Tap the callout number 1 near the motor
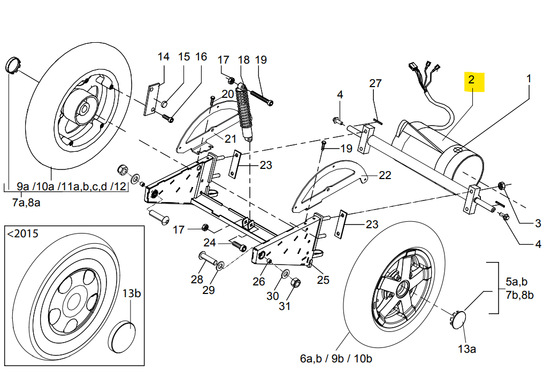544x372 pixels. (528, 79)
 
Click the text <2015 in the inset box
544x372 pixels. (22, 234)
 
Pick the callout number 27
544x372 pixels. (376, 83)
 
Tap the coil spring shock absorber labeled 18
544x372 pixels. (245, 113)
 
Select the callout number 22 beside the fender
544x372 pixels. (385, 175)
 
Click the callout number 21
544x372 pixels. (230, 139)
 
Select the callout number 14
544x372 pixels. (163, 57)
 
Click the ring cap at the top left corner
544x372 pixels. (12, 65)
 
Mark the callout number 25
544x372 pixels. (323, 279)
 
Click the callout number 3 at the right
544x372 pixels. (538, 223)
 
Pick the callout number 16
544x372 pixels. (201, 57)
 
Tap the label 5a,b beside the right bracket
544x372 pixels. (516, 281)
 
